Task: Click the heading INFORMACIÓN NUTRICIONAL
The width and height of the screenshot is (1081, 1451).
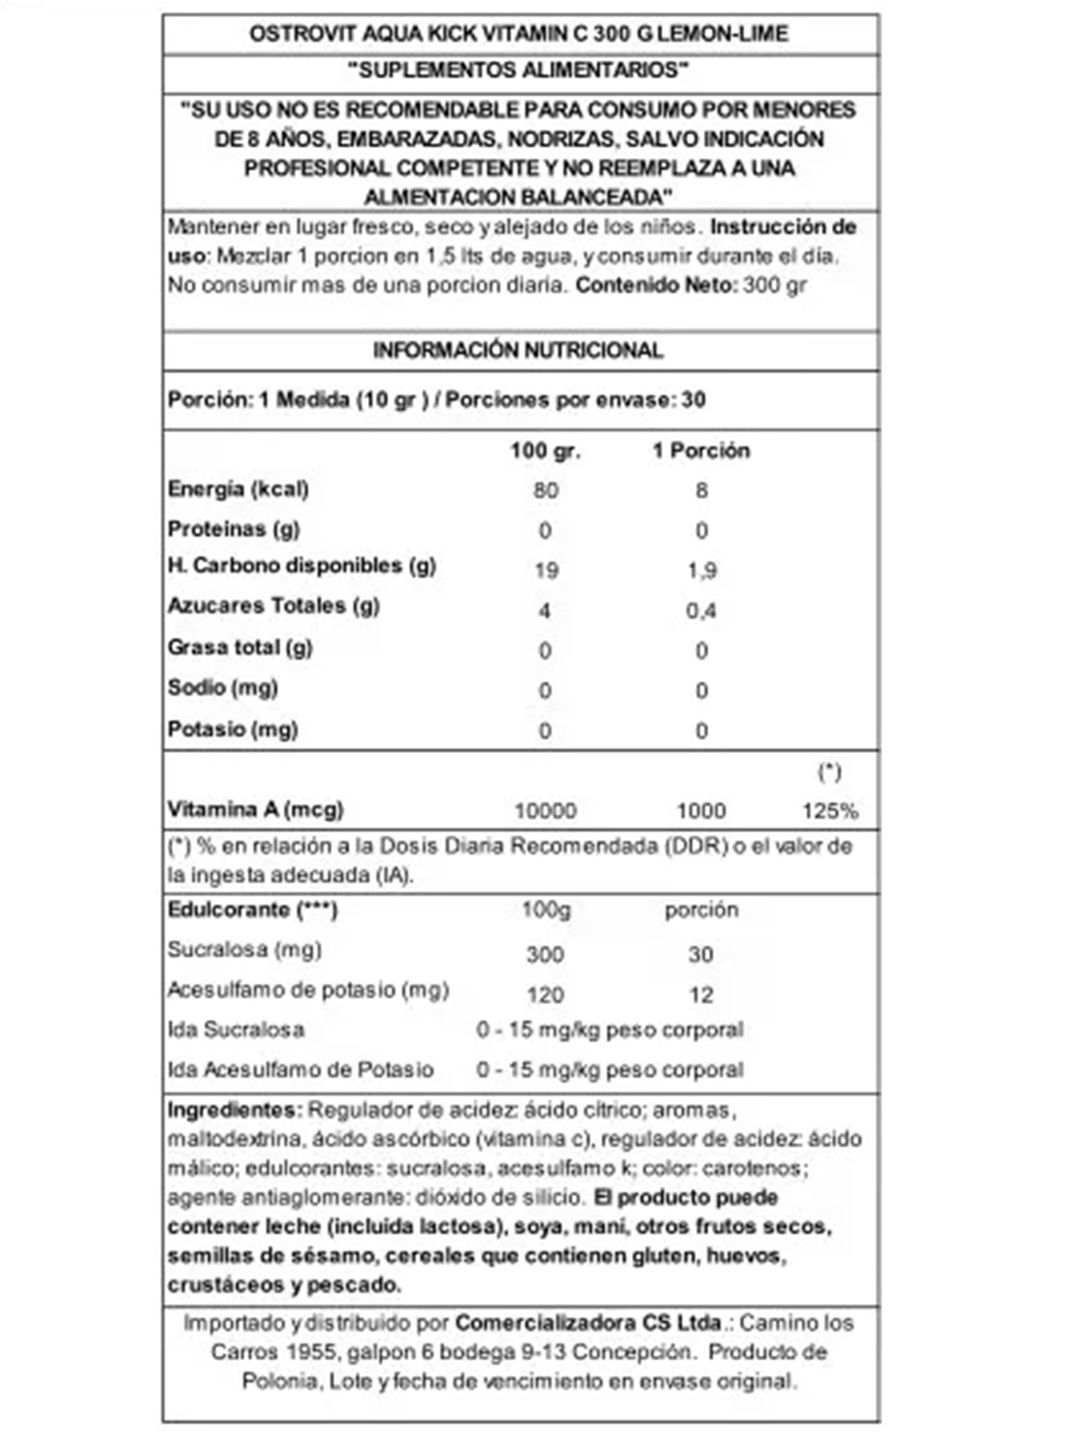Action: coord(518,351)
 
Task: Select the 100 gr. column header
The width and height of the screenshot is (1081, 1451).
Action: coord(545,451)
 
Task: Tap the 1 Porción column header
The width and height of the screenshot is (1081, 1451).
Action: coord(701,451)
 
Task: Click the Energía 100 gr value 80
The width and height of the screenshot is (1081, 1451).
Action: coord(546,490)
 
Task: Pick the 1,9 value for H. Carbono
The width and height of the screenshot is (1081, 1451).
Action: coord(701,571)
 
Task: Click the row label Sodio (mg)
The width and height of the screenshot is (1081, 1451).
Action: coord(223,688)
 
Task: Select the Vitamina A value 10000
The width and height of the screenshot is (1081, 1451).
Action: coord(545,812)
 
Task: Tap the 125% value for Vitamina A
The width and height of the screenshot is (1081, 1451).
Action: coord(829,812)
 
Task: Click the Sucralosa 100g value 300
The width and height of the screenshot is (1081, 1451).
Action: coord(545,955)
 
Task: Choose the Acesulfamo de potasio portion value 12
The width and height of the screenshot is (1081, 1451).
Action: coord(701,995)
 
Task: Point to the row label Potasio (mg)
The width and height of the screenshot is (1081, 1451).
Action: coord(233,729)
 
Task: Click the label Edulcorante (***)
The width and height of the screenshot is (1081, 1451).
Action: coord(253,910)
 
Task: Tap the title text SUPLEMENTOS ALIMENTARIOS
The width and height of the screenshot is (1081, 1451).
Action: coord(518,70)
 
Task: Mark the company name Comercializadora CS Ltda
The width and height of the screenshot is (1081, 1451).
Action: coord(588,1323)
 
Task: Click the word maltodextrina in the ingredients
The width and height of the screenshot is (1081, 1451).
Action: coord(234,1139)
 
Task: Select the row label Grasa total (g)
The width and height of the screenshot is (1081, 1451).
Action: coord(240,648)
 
